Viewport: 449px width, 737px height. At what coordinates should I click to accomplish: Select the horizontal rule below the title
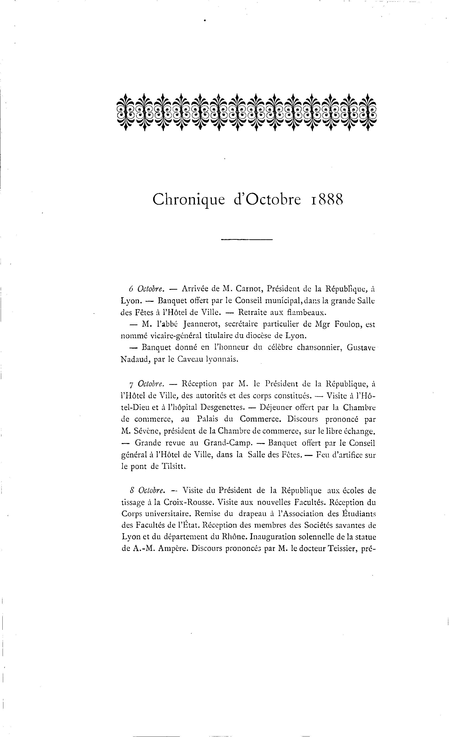coord(247,240)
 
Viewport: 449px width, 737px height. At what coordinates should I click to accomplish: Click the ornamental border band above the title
coord(247,112)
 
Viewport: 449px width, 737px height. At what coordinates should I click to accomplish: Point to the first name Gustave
coord(361,348)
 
